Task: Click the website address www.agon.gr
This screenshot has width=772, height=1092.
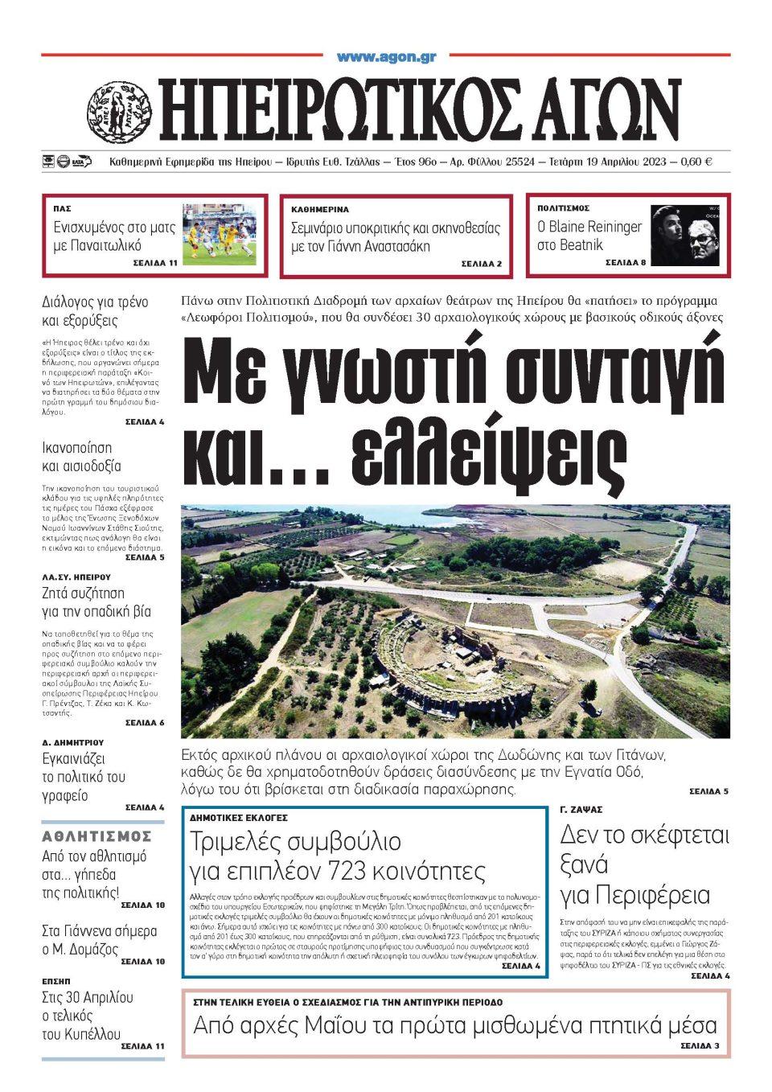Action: [x=386, y=57]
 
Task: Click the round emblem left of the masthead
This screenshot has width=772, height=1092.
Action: [x=118, y=109]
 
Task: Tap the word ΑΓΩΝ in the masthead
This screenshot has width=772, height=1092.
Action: [x=590, y=109]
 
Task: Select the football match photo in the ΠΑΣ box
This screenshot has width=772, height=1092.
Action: [x=219, y=234]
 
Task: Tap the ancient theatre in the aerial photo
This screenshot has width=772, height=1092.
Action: [x=450, y=659]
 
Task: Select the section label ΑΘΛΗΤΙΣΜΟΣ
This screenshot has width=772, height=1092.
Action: [x=96, y=836]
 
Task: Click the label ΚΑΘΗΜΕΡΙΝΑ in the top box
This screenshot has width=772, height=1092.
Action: [x=320, y=209]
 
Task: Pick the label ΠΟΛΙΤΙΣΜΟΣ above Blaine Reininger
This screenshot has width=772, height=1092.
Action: [x=564, y=208]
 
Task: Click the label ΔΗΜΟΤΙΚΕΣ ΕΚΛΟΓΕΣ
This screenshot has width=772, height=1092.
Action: [x=239, y=817]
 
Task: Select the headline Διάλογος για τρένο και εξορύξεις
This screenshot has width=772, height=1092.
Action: [x=95, y=311]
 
